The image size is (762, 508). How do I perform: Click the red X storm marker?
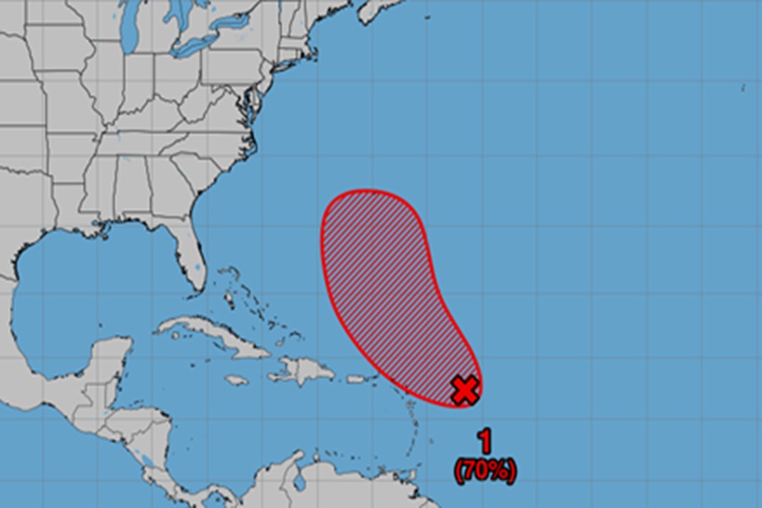464,389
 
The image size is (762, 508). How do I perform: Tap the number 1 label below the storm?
485,441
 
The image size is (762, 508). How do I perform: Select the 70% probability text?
485,470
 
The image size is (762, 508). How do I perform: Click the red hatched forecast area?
381,271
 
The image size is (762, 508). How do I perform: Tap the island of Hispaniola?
301,371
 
